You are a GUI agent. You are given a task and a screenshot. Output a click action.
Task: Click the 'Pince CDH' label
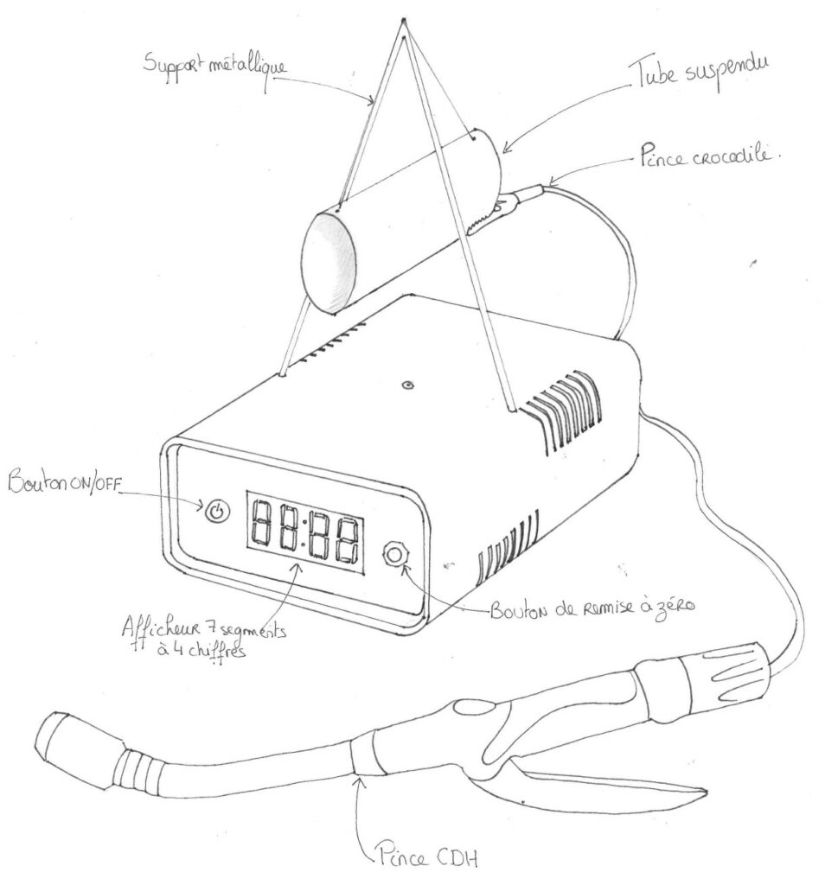[x=425, y=857]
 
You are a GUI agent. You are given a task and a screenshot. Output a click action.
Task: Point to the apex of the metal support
[x=404, y=19]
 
